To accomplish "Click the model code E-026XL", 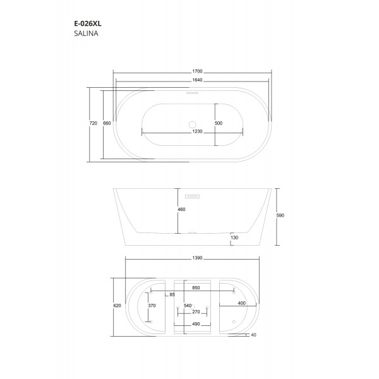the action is pyautogui.click(x=88, y=24).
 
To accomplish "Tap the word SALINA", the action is pyautogui.click(x=86, y=33).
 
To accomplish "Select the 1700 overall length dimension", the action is pyautogui.click(x=197, y=71).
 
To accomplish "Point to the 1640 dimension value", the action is pyautogui.click(x=197, y=80).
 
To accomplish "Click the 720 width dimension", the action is pyautogui.click(x=93, y=123).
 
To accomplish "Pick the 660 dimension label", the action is pyautogui.click(x=107, y=123).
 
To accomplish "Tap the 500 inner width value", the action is pyautogui.click(x=219, y=123).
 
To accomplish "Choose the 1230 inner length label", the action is pyautogui.click(x=197, y=131).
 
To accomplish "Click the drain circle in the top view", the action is pyautogui.click(x=193, y=124).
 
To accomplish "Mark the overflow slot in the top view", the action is pyautogui.click(x=193, y=93).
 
